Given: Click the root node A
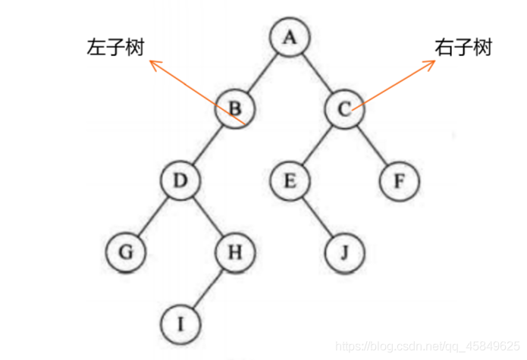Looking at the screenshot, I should coord(289,36).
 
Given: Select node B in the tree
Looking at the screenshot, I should coord(235,108).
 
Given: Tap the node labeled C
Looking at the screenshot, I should coord(344,109).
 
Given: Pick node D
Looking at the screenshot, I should coord(180,181).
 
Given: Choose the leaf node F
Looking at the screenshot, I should coord(399,182).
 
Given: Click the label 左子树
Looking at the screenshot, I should coord(114,48).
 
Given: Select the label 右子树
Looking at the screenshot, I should coord(463,48).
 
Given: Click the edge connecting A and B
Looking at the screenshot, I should coord(262,72).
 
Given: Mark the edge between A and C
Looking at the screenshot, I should coord(317,73).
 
